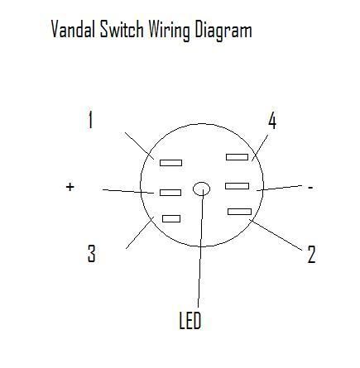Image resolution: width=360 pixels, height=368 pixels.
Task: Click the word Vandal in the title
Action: (74, 29)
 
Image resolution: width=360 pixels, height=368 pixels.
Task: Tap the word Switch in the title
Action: (122, 29)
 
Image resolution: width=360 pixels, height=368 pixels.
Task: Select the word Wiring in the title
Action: (170, 31)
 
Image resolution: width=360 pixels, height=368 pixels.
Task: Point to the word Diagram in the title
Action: (223, 31)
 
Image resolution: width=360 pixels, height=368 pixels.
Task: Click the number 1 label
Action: (90, 120)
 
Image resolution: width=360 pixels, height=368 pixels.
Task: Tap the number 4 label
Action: (272, 121)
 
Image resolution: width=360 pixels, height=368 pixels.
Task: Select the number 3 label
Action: (92, 253)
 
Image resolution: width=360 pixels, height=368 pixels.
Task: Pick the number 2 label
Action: (311, 254)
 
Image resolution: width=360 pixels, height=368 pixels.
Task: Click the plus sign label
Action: (70, 187)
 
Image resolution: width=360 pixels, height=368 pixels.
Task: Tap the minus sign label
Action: (310, 188)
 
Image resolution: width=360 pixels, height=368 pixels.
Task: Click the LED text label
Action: (190, 320)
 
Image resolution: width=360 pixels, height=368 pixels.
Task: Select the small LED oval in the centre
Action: (201, 189)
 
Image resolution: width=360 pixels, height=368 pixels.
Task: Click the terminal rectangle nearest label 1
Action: (170, 163)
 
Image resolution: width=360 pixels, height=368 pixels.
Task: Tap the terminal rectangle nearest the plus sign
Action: (170, 193)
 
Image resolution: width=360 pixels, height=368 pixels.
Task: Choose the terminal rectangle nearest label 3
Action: (171, 218)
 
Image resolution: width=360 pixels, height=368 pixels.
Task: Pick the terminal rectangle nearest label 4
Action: (237, 157)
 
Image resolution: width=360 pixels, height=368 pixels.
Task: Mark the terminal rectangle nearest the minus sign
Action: (237, 186)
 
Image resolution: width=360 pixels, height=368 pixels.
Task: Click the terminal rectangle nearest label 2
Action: (239, 212)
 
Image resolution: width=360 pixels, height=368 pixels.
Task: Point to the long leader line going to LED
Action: (200, 248)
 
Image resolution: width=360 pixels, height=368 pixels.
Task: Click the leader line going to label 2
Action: (276, 235)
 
